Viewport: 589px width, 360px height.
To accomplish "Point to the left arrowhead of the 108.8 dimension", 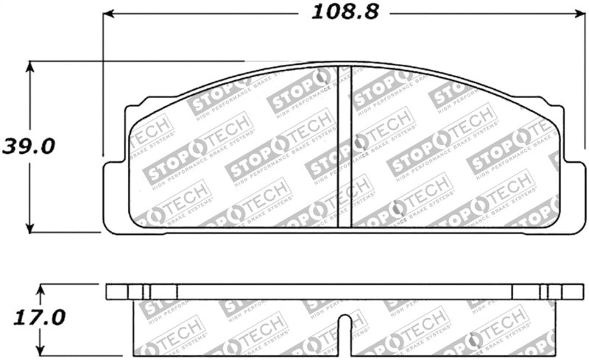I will [109, 13].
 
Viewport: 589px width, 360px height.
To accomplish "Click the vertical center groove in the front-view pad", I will [345, 147].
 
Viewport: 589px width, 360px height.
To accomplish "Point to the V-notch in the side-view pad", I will [344, 322].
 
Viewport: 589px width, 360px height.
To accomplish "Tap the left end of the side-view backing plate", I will [110, 292].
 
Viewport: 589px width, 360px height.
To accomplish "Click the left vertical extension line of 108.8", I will [102, 88].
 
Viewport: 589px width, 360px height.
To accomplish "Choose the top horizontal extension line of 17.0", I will [74, 284].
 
